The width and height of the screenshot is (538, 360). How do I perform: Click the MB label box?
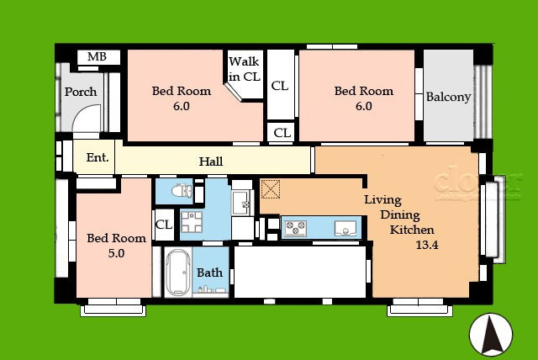click(x=98, y=57)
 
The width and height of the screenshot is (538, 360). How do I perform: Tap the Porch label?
click(x=81, y=92)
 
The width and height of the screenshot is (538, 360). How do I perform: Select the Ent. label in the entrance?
click(x=98, y=157)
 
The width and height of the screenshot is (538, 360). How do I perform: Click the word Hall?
click(x=211, y=161)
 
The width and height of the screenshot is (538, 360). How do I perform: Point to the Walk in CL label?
click(x=245, y=69)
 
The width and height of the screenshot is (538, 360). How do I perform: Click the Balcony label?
click(x=448, y=97)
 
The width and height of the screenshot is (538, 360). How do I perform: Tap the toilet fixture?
click(x=182, y=190)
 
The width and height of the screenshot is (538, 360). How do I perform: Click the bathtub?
click(x=177, y=272)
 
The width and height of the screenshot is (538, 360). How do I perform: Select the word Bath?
click(x=209, y=273)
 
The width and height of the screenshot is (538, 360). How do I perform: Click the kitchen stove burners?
click(x=295, y=228)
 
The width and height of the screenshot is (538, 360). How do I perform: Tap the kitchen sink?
click(x=345, y=228)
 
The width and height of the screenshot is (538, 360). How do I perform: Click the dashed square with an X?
click(x=271, y=188)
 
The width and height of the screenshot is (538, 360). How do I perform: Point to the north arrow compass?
click(x=491, y=334)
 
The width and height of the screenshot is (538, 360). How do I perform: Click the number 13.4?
click(x=427, y=245)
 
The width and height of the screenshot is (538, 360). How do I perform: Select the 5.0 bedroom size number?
click(x=116, y=253)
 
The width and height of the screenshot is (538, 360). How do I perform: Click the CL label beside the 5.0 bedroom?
click(x=164, y=225)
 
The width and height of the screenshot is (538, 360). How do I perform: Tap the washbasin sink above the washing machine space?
click(x=242, y=203)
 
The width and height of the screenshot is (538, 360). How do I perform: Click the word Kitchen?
click(x=412, y=230)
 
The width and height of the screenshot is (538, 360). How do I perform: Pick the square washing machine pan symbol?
click(x=192, y=222)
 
